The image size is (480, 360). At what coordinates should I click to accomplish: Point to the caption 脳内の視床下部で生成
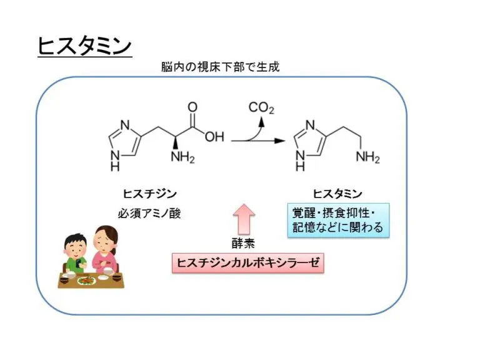coord(220,67)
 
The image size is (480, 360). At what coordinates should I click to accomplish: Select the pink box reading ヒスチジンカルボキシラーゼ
coord(248,263)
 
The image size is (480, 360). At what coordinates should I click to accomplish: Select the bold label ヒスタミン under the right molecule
coord(337,194)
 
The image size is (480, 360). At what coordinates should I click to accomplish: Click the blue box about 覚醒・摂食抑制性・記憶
coord(337,219)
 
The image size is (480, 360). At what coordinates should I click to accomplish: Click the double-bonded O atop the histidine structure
coord(192,107)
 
